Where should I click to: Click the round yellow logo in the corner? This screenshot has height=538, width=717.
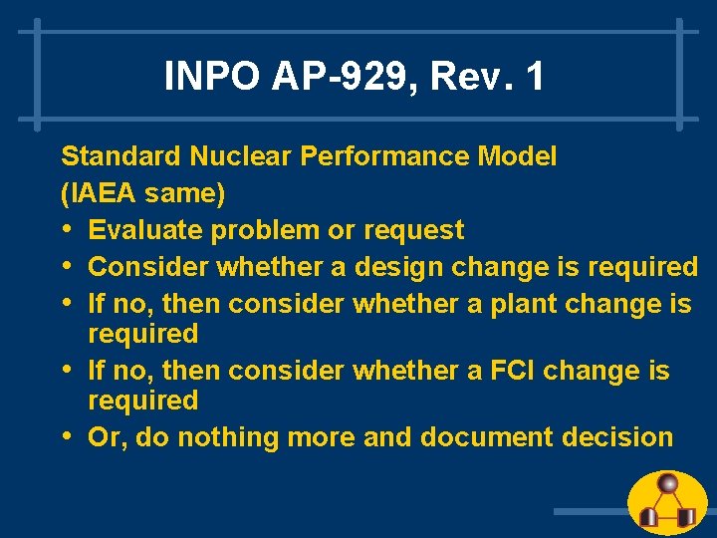[668, 503]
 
